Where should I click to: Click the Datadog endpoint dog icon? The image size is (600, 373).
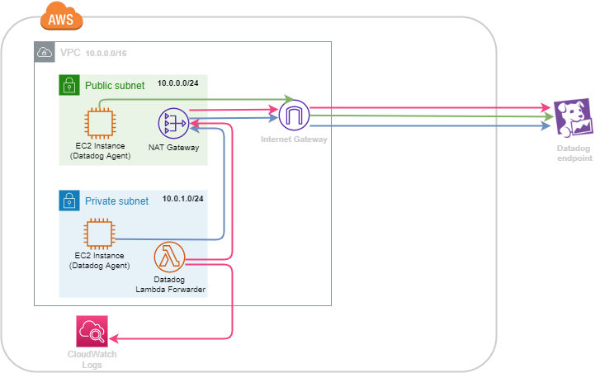571,118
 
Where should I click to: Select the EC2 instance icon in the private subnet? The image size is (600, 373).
99,234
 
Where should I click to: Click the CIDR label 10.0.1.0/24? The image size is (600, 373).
183,200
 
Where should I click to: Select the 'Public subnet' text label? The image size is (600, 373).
115,85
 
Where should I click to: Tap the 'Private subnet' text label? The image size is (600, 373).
116,201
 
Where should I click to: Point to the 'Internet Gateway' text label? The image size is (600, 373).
294,139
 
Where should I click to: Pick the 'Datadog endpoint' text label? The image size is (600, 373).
574,152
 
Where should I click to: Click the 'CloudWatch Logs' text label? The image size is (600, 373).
92,360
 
